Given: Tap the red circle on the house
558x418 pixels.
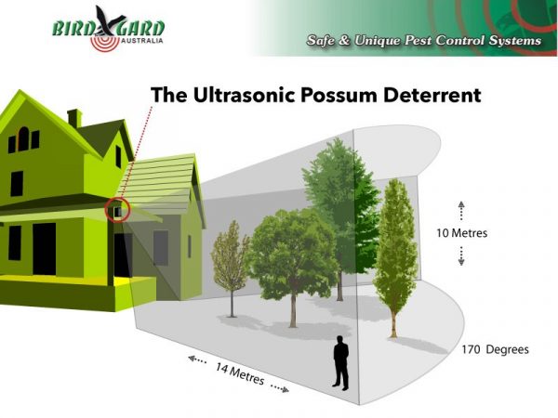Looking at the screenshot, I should (x=117, y=210).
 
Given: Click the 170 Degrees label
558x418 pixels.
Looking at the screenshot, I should (x=495, y=350).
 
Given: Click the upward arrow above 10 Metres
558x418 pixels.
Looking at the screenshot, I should (x=461, y=209).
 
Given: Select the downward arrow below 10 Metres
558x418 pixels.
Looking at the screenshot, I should (x=461, y=256).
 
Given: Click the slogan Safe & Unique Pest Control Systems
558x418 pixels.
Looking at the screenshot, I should (x=424, y=42).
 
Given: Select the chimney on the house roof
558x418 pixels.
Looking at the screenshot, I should (x=74, y=118).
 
